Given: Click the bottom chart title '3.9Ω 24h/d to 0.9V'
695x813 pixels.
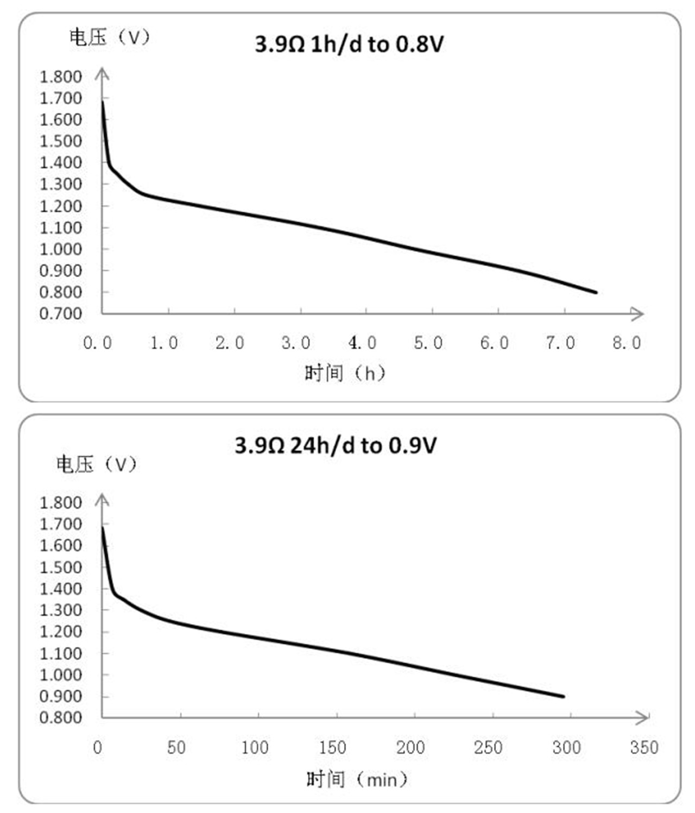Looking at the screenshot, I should coord(336,446).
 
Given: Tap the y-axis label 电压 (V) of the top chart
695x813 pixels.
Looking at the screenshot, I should coord(109,37).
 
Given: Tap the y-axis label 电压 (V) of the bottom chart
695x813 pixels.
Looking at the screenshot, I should coord(96,465).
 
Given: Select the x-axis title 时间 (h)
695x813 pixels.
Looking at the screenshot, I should coord(345,374).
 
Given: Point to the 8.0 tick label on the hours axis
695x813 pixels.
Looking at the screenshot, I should coord(627,343).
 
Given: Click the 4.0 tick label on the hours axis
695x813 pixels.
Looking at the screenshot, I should coord(362,343).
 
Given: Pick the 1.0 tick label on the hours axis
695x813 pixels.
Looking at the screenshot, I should coord(164,343).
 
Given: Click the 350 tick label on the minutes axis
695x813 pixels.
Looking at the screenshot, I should coord(644,748).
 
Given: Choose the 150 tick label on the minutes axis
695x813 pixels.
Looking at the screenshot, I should coord(332,748).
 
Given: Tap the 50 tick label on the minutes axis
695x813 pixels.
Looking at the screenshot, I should coord(176,748).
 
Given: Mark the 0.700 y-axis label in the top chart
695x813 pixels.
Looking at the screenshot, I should coord(60,314).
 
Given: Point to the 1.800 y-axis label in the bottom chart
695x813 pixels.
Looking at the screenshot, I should coord(60,503).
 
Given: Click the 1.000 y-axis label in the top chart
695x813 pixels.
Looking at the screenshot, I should coord(60,249).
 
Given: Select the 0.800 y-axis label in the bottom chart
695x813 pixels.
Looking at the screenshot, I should coord(60,717).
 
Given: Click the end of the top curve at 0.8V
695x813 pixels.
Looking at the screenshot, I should coord(596,292).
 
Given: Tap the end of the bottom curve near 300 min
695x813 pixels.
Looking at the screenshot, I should coord(564,696).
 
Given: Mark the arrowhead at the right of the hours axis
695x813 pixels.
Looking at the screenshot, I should coord(638,313).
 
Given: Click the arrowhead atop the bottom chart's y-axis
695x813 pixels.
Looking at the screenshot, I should coord(102,499).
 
